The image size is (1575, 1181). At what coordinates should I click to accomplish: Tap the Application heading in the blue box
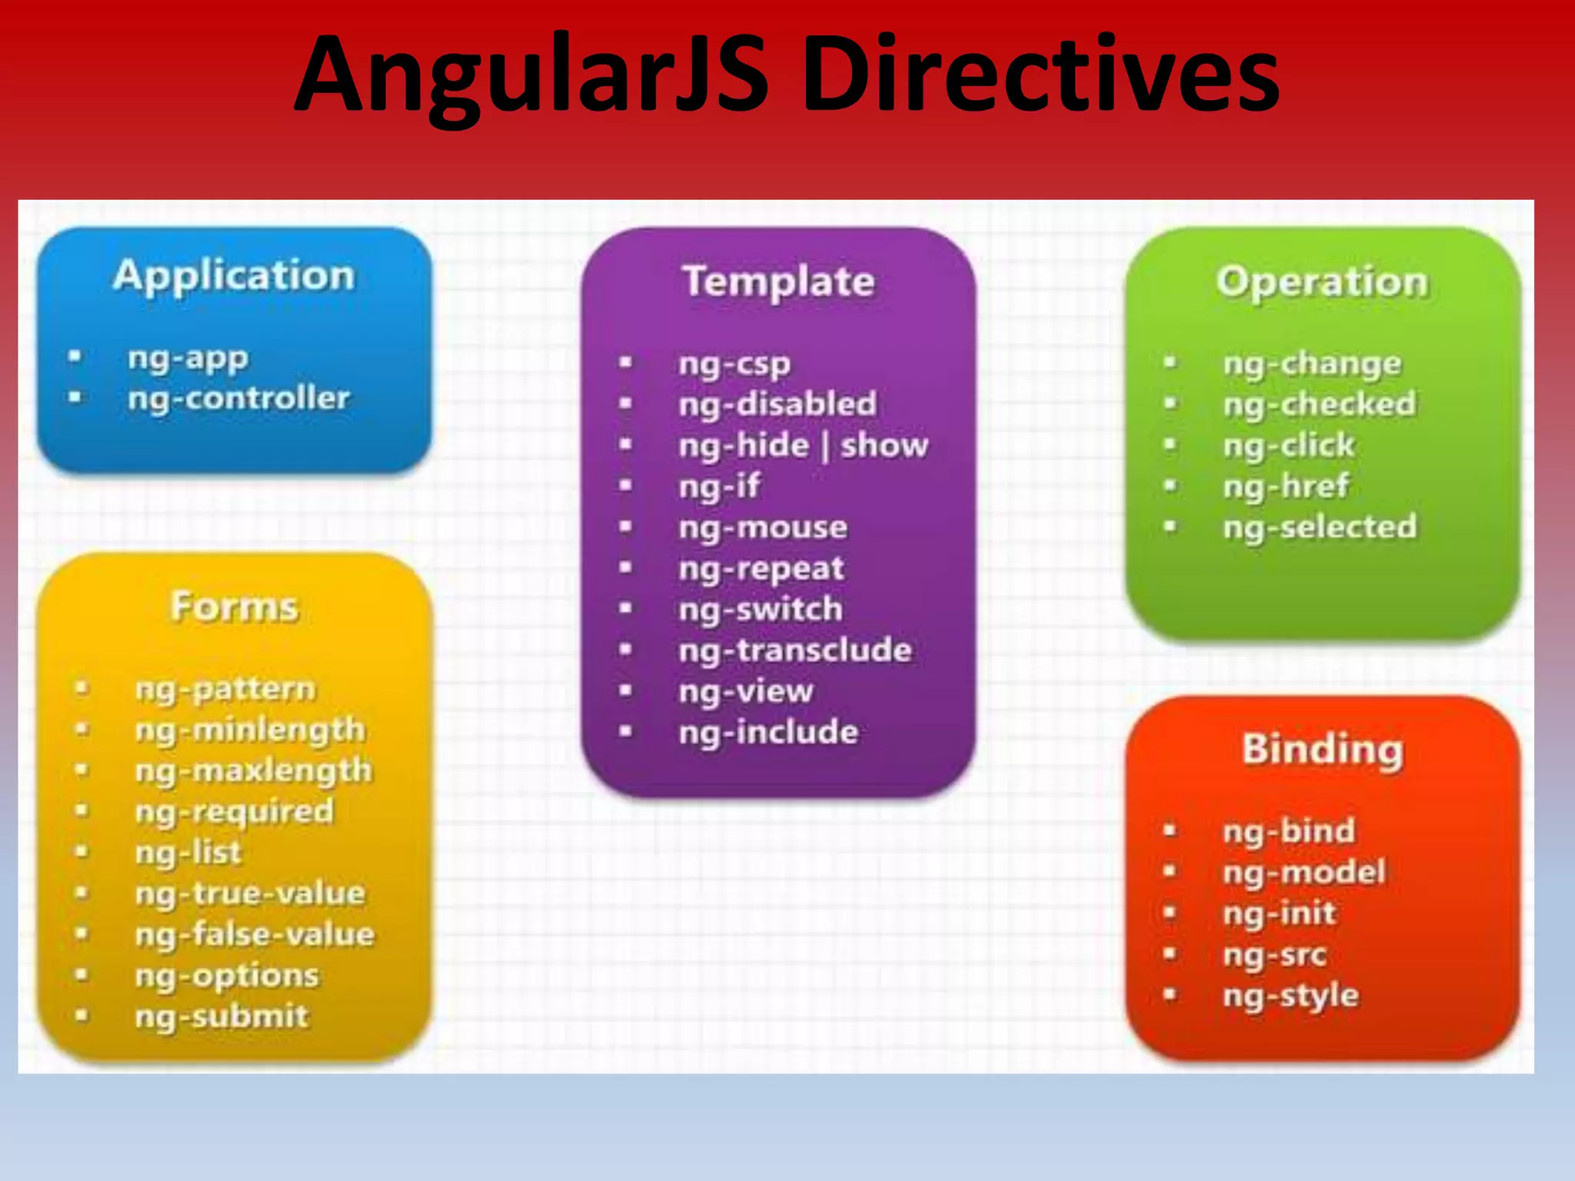pos(234,276)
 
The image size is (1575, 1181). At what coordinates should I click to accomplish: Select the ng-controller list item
pos(238,398)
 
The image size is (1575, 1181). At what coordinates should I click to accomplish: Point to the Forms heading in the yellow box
pos(235,607)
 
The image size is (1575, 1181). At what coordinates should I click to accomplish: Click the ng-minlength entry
pos(250,730)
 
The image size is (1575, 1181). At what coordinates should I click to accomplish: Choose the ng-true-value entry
pos(250,893)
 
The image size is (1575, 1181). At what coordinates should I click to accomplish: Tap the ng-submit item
pos(221,1016)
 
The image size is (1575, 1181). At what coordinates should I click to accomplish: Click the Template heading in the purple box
pos(778,281)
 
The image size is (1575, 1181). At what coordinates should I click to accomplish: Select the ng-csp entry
pos(734,364)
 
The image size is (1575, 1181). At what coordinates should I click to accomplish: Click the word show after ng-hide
pos(884,445)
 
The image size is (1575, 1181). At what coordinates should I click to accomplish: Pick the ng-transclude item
pos(795,650)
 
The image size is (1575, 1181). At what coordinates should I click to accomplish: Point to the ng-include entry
pos(768,732)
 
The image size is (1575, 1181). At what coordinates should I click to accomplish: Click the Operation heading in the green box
pos(1322,282)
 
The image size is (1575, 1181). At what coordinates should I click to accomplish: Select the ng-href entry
pos(1286,486)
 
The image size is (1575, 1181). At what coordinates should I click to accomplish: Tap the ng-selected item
pos(1320,527)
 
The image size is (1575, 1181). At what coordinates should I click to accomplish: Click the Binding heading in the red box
pos(1322,750)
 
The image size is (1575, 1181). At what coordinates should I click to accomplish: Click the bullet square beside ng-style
pos(1170,994)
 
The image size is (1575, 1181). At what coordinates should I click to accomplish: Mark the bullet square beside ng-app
pos(75,357)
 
